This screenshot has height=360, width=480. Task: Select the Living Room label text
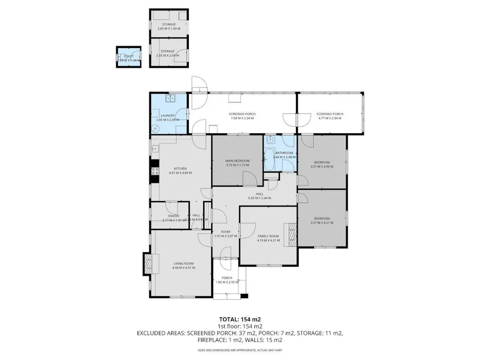pyautogui.click(x=182, y=263)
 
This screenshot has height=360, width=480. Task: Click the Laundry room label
pyautogui.click(x=167, y=115)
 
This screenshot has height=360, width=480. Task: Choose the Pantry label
pyautogui.click(x=173, y=215)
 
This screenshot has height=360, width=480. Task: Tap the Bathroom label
pyautogui.click(x=284, y=153)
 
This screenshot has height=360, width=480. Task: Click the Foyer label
pyautogui.click(x=226, y=232)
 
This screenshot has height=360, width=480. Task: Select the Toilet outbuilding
pyautogui.click(x=129, y=57)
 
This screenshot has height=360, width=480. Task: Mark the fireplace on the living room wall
pyautogui.click(x=148, y=262)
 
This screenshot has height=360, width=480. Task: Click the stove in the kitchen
pyautogui.click(x=156, y=171)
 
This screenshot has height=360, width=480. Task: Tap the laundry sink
pyautogui.click(x=173, y=99)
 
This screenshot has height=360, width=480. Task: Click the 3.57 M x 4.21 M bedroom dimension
pyautogui.click(x=322, y=223)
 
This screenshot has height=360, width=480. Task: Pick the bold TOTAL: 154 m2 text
pyautogui.click(x=239, y=319)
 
